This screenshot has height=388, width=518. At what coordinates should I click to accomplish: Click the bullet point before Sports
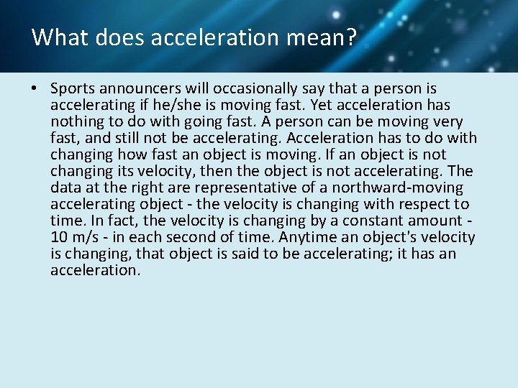pyautogui.click(x=35, y=89)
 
